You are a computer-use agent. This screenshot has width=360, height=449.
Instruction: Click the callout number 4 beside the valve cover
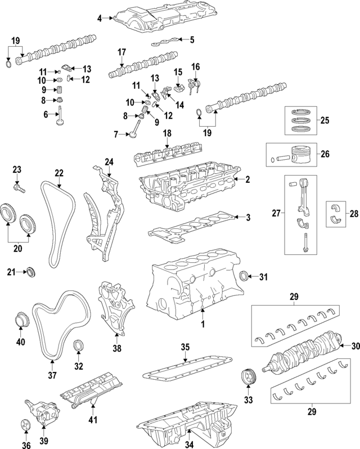point(100,19)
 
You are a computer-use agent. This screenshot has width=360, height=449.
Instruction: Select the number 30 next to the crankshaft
point(354,345)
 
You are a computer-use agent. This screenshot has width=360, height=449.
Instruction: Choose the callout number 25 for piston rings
point(325,120)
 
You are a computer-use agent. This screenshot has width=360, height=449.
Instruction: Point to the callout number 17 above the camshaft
point(121,52)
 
